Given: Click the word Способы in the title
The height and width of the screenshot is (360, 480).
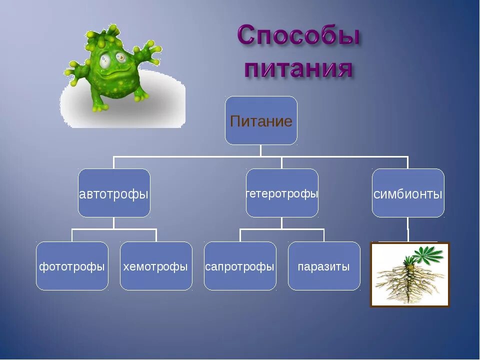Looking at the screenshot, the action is point(298,36).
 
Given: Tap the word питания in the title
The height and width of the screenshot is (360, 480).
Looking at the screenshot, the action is point(298,67).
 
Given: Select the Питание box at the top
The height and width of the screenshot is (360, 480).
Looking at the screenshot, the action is point(261,120).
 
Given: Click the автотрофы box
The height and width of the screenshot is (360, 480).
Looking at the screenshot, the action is point(114,193).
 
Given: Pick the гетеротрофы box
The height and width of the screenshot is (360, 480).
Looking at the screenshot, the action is point(282,193).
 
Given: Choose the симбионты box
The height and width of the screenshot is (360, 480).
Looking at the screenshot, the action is point(408,193).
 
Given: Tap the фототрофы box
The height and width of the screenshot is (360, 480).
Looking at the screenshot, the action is point(72,265).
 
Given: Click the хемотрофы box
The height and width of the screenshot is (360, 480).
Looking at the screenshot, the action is point(156,265).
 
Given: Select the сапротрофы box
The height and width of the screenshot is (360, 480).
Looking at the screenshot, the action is point(240,265).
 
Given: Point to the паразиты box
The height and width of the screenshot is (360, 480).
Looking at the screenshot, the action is point(324,265).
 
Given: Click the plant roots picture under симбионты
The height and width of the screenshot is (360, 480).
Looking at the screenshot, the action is point(410,274).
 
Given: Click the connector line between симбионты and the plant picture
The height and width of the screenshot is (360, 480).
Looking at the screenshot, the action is point(408,229).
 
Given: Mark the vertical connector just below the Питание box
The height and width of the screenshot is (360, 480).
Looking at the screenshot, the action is point(261,150).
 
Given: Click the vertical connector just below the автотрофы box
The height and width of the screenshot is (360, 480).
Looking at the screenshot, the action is point(113,223).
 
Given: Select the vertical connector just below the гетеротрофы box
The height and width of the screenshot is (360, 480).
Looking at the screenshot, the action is point(281,223).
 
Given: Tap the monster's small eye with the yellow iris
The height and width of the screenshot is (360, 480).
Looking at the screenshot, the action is point(121,57).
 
